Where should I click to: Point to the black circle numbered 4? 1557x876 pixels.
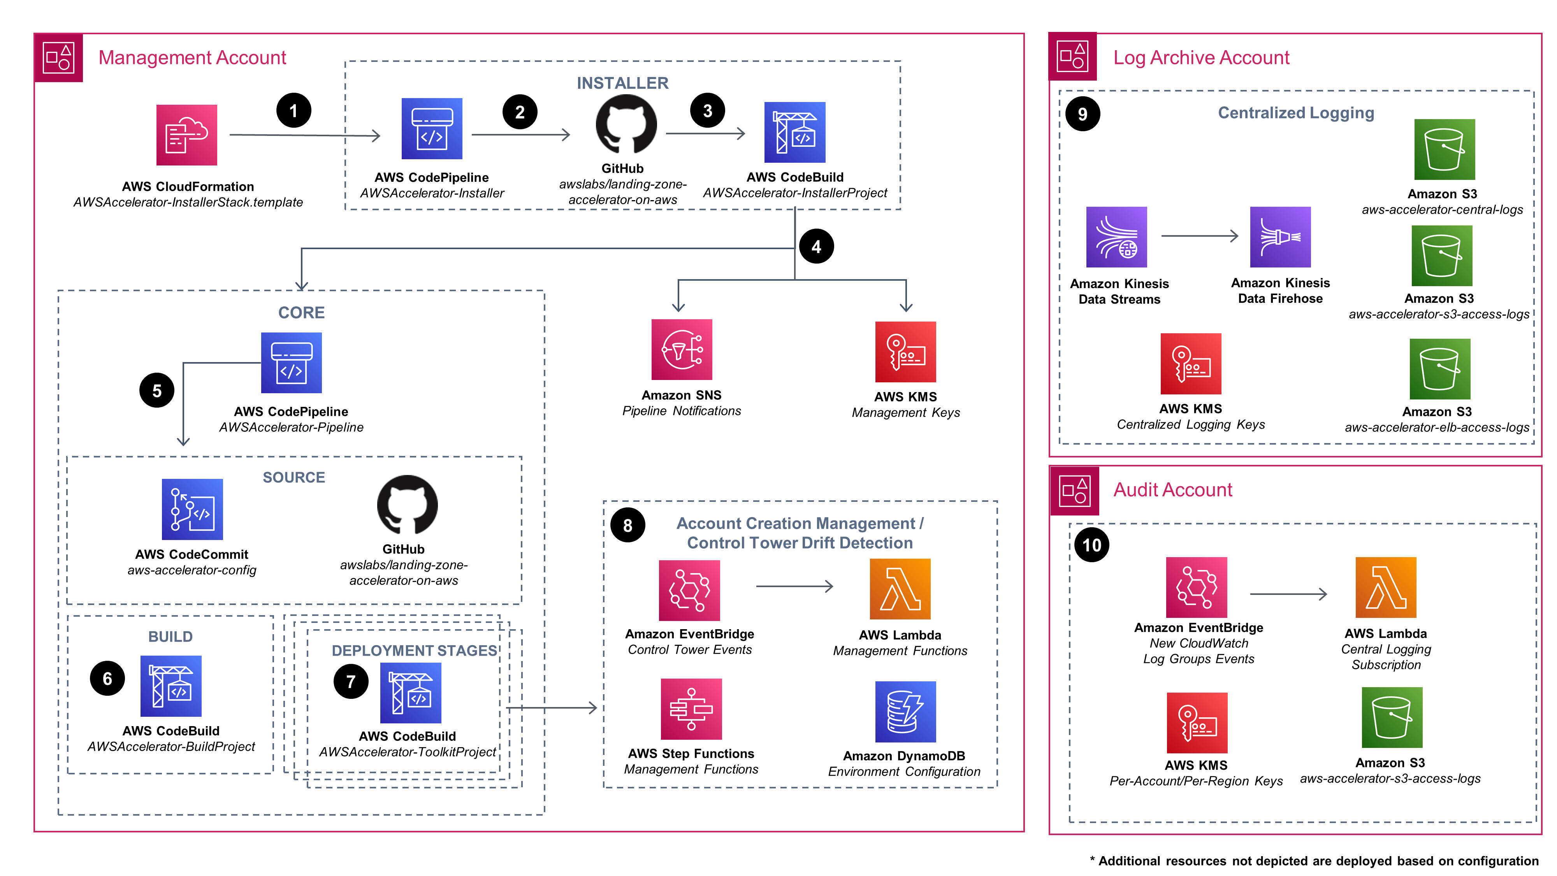tap(816, 246)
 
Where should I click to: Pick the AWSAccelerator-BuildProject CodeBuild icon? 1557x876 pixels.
tap(170, 686)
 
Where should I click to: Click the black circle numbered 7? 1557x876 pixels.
tap(351, 681)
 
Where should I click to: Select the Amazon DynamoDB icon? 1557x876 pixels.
tap(905, 712)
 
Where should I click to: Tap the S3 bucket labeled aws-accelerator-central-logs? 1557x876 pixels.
tap(1444, 150)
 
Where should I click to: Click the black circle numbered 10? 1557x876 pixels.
tap(1091, 545)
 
